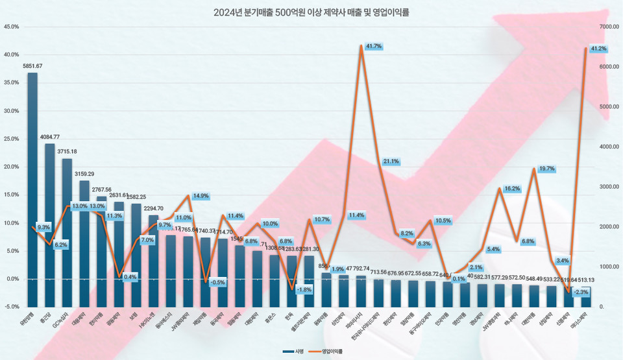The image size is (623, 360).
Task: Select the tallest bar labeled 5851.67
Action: point(32,188)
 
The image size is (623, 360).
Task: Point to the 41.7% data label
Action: point(374,47)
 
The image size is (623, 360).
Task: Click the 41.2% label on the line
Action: point(598,49)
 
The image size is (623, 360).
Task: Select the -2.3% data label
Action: point(581,292)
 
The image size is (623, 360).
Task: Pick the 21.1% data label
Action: point(391,161)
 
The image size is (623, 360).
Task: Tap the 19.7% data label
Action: point(546,169)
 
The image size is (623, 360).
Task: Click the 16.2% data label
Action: point(512,189)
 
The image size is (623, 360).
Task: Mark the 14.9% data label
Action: point(201,196)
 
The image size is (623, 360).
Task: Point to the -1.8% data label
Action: point(304,289)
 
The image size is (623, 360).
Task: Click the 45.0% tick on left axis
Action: point(11,27)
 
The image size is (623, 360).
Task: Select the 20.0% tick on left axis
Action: point(11,167)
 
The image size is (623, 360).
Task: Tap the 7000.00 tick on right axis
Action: point(609,27)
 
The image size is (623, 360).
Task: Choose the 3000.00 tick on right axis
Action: point(609,187)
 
